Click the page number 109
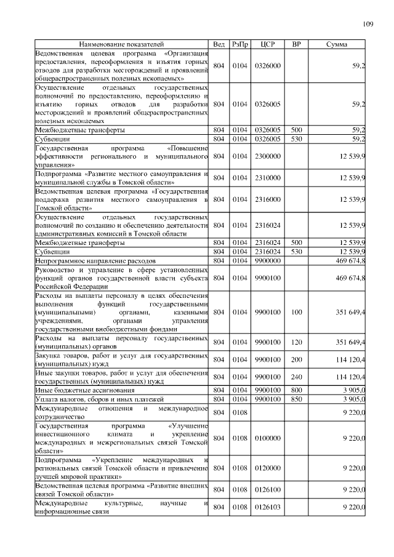pos(368,24)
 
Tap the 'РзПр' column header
pos(240,44)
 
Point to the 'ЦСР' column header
pos(267,44)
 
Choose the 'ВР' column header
pos(297,44)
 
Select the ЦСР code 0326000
pos(267,65)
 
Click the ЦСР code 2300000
pos(267,157)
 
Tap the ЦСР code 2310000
pos(267,178)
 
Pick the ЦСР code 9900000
pos(267,261)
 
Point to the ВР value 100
pos(297,313)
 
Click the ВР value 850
pos(297,399)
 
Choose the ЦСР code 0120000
pos(267,468)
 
